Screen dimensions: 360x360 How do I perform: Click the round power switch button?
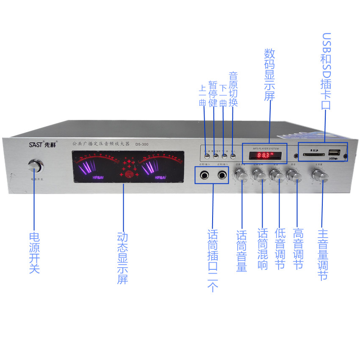click(x=35, y=166)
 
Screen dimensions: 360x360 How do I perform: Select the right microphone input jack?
click(x=222, y=174)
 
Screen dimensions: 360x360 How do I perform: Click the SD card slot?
click(x=314, y=155)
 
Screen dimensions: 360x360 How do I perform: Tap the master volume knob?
click(x=320, y=175)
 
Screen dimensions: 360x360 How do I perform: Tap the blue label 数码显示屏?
click(x=270, y=74)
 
